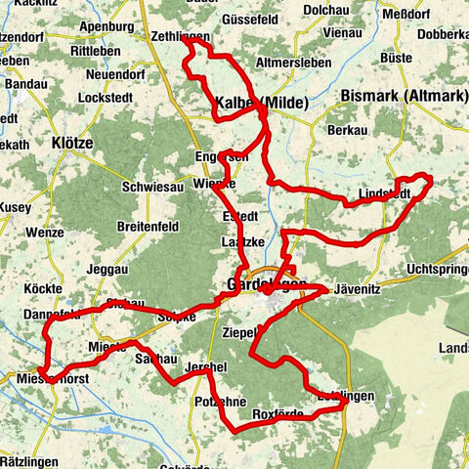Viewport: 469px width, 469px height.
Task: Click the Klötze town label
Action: (x=71, y=143)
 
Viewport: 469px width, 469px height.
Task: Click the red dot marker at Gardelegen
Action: (x=266, y=288)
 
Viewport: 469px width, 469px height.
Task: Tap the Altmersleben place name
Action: (x=288, y=62)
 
